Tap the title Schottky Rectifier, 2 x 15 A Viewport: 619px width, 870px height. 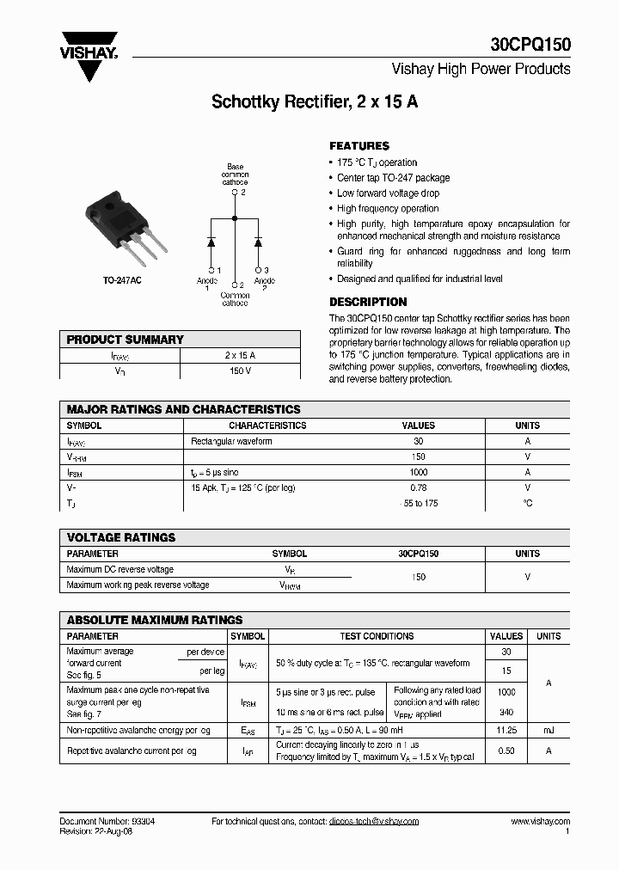tap(315, 101)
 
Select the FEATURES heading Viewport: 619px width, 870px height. tap(359, 146)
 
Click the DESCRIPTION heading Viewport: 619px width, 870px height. tap(368, 303)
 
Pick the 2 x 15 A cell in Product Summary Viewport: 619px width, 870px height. tap(240, 355)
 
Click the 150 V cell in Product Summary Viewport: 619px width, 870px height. tap(240, 371)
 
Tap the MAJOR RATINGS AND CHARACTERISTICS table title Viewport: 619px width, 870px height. tap(183, 410)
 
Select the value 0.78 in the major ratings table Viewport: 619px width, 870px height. tap(419, 487)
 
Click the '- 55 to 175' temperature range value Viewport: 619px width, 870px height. tap(419, 503)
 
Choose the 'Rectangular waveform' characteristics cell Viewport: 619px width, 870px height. tap(231, 441)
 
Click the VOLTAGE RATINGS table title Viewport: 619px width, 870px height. tap(120, 537)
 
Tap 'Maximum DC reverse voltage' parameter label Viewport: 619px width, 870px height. tap(120, 569)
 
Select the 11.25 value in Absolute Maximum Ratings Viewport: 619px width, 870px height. tap(506, 730)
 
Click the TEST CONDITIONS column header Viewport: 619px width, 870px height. tap(377, 636)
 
